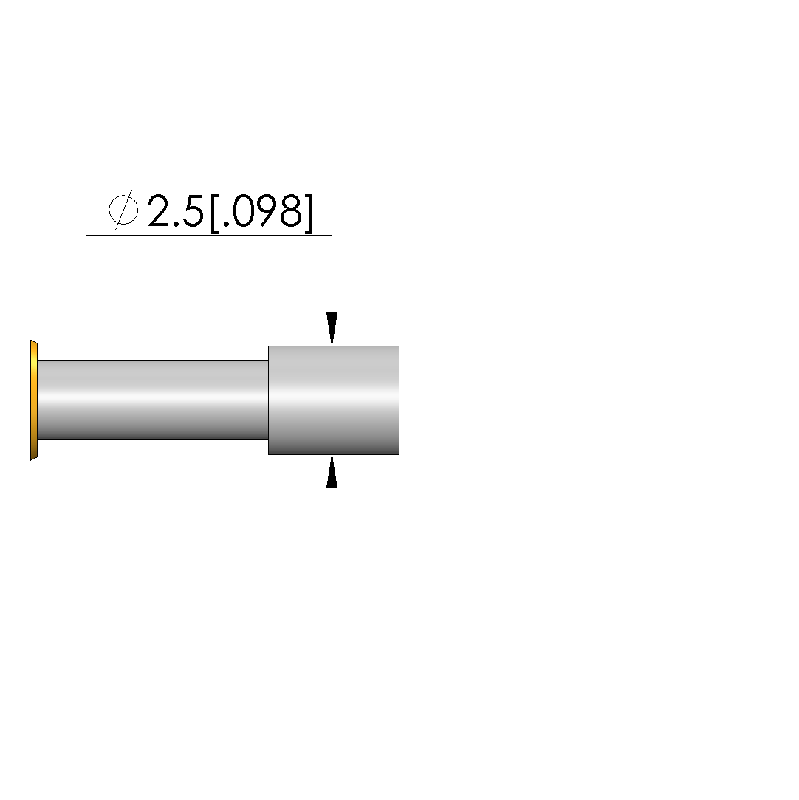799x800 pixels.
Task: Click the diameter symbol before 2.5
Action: point(123,210)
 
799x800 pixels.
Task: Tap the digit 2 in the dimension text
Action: point(160,211)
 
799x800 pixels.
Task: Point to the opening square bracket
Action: point(215,213)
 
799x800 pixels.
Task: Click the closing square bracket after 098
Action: point(308,213)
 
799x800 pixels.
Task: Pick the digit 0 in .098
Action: point(244,211)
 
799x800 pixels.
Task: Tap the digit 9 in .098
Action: point(269,211)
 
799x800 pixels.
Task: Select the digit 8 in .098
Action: point(292,211)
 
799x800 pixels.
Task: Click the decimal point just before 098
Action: point(227,224)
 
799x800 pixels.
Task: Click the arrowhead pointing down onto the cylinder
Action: point(332,329)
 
